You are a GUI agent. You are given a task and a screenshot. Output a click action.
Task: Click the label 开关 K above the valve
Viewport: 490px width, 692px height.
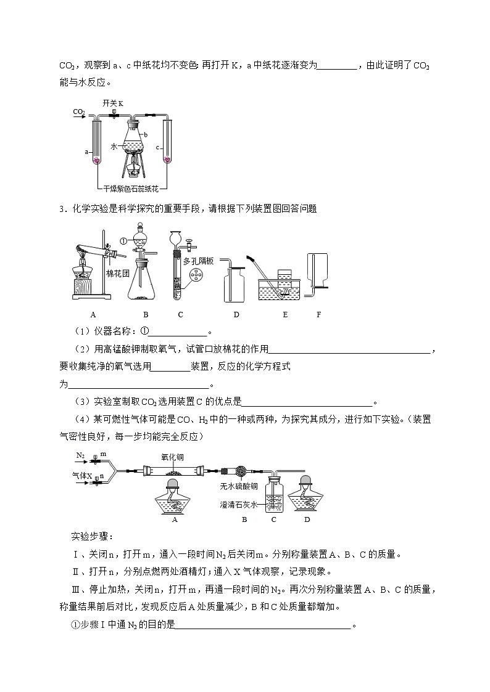pyautogui.click(x=113, y=104)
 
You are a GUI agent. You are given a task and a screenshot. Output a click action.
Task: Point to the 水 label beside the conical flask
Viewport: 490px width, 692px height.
pyautogui.click(x=114, y=147)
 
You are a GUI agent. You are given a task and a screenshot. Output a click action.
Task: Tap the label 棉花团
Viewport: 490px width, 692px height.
pyautogui.click(x=117, y=274)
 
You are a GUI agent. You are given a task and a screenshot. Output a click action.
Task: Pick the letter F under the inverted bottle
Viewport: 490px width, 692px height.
pyautogui.click(x=319, y=314)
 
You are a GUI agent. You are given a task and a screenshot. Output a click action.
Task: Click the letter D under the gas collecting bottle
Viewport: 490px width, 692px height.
pyautogui.click(x=236, y=314)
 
